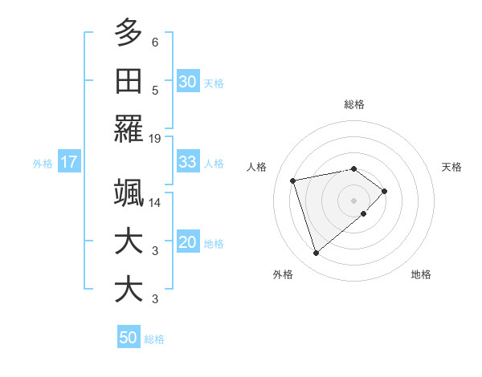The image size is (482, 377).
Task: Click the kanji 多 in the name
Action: (x=129, y=33)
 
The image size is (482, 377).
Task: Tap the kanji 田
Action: (x=129, y=81)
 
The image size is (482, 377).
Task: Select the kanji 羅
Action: (x=129, y=129)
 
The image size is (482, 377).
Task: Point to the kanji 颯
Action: (x=129, y=193)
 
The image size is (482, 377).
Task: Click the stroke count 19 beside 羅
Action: (x=155, y=139)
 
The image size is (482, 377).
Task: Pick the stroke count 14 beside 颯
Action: (x=155, y=202)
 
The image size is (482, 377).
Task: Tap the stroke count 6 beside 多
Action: (x=155, y=43)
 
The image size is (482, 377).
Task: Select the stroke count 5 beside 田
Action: (x=155, y=91)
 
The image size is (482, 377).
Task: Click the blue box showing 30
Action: (x=188, y=82)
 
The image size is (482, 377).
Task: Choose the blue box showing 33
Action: (x=188, y=162)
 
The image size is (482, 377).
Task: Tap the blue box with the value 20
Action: (x=188, y=242)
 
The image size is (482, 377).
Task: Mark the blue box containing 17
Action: (x=68, y=162)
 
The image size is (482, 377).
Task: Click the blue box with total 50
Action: (x=129, y=338)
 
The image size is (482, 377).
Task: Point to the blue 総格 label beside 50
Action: (x=154, y=339)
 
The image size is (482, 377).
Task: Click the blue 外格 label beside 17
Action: (x=43, y=164)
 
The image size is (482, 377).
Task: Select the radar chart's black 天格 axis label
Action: (x=451, y=167)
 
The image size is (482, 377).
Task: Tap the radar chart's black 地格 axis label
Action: (x=421, y=274)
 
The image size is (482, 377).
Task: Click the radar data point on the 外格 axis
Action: (x=316, y=253)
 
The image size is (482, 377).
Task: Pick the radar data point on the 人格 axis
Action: (x=293, y=180)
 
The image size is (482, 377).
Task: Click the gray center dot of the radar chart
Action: (x=353, y=201)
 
